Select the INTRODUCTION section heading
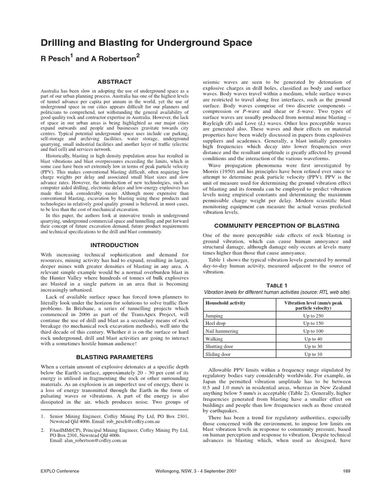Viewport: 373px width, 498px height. click(115, 245)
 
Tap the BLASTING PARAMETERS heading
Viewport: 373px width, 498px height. click(115, 357)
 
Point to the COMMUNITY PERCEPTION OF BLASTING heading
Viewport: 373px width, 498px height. click(277, 225)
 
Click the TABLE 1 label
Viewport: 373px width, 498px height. click(277, 285)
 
